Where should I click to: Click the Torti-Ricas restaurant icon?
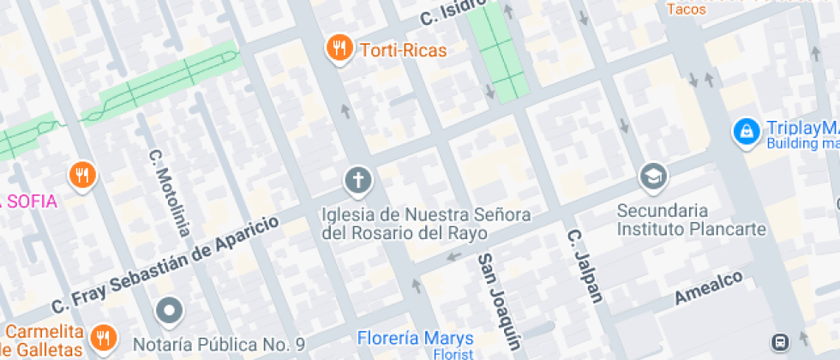[x=340, y=49]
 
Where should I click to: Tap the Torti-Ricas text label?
[x=403, y=50]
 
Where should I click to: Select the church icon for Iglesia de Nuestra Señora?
[x=358, y=181]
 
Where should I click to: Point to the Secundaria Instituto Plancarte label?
[x=675, y=219]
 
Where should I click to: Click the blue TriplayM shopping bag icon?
[x=747, y=131]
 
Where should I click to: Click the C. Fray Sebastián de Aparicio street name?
[x=166, y=265]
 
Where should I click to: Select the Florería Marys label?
[x=415, y=336]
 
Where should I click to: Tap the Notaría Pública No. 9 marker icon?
[x=170, y=311]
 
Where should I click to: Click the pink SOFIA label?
[x=31, y=201]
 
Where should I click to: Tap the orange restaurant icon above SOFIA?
[x=82, y=176]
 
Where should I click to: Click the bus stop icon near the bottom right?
[x=781, y=341]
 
